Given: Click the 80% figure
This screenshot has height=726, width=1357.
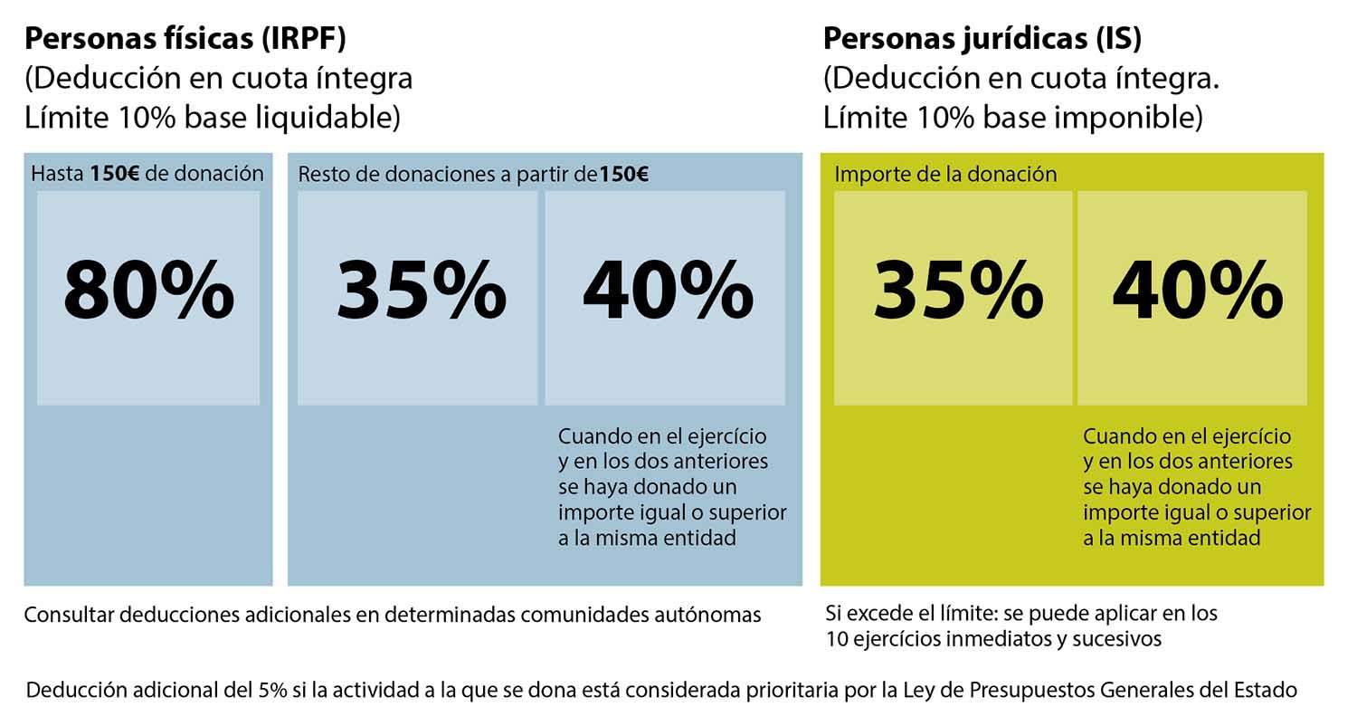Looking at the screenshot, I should pos(148,291).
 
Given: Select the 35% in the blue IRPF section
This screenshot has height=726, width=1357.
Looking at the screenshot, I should pos(421,291).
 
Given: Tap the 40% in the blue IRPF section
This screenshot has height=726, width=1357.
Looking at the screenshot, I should pos(667,291).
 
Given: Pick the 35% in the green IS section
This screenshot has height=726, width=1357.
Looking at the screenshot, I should pos(957,291).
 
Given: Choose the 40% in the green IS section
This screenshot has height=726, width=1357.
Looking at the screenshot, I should pos(1196,291).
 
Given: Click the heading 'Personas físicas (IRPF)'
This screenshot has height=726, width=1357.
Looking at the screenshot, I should pos(185,39).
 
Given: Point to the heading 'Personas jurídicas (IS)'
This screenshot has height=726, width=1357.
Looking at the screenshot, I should pos(982,39).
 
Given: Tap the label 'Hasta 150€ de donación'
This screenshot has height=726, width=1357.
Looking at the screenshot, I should pos(147,174).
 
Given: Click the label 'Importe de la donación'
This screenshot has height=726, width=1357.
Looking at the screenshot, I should pos(945,174).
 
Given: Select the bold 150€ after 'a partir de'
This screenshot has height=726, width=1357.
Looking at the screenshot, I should pos(623,175).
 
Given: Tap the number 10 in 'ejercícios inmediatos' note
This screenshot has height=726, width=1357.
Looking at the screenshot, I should pos(836,639).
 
